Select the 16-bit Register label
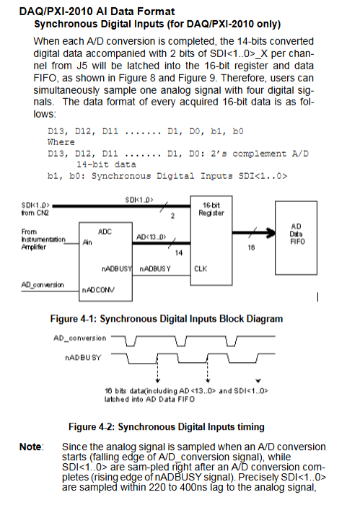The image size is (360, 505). (211, 208)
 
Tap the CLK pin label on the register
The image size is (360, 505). (201, 268)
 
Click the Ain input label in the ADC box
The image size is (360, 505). (87, 242)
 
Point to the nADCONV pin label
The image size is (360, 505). (98, 290)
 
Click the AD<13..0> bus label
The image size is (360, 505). (151, 237)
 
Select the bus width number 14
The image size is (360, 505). (179, 252)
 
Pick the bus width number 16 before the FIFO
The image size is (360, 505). (251, 247)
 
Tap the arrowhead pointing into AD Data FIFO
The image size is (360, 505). (271, 232)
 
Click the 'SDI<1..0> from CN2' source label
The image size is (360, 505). (35, 208)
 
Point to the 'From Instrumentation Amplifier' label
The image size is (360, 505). (43, 240)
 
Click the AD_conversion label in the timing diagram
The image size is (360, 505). (80, 338)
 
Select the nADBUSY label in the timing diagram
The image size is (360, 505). (83, 358)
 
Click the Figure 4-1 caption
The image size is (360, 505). (167, 319)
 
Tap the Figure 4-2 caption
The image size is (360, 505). (167, 427)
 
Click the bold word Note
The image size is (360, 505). (30, 447)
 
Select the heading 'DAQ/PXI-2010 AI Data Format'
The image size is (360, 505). (97, 12)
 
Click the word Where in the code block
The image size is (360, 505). (61, 142)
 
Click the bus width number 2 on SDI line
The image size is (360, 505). (172, 216)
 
